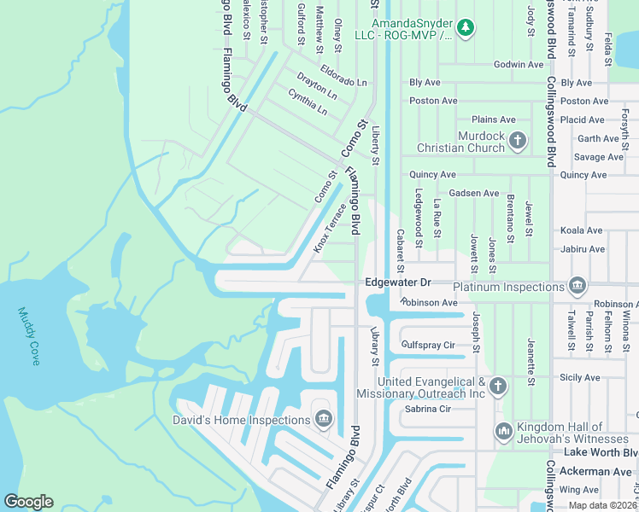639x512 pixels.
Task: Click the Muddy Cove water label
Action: tap(29, 337)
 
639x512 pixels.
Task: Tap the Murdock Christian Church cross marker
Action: tap(516, 139)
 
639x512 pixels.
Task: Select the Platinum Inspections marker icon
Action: tap(577, 284)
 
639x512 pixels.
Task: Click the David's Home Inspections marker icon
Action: tap(323, 418)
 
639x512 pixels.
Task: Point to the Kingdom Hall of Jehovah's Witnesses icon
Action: tap(503, 433)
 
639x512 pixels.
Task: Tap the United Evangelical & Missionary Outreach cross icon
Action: tap(498, 387)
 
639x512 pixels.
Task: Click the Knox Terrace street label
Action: tap(330, 228)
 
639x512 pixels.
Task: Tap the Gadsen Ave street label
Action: tap(473, 194)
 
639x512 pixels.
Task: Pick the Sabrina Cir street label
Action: tap(427, 409)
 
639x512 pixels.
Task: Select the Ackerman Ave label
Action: tap(603, 471)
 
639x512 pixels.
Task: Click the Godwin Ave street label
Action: tap(519, 64)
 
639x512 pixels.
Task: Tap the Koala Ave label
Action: tap(581, 230)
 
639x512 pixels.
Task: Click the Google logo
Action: tap(28, 502)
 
